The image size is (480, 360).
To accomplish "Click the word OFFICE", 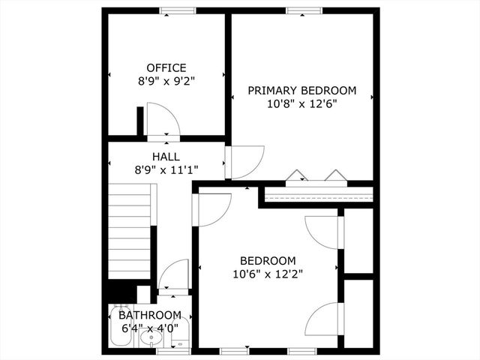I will (x=166, y=67).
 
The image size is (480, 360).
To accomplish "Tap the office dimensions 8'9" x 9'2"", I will (x=166, y=80).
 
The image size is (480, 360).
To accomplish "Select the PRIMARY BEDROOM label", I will (x=301, y=91).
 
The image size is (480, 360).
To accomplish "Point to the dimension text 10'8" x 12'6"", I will (x=301, y=103).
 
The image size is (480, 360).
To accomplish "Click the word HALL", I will (x=166, y=157).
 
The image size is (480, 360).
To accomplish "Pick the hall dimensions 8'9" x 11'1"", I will (x=166, y=169).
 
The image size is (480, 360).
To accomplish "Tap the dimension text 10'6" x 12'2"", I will (x=268, y=274).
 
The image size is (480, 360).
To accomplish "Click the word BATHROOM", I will (x=150, y=315).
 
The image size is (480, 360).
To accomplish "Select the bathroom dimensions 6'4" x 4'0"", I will (x=150, y=328).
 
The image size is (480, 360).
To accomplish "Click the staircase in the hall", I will (x=130, y=232).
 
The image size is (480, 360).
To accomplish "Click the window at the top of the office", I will (x=178, y=10).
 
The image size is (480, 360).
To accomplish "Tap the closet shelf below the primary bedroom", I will (x=319, y=196).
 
